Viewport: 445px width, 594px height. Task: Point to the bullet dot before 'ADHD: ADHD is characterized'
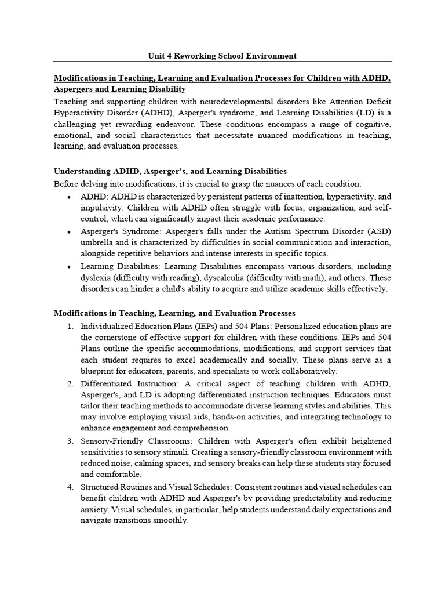click(70, 197)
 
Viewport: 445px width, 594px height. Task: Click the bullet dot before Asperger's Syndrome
click(70, 231)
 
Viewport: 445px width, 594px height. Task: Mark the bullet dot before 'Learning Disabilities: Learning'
click(70, 266)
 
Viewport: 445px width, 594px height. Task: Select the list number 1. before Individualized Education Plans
click(70, 326)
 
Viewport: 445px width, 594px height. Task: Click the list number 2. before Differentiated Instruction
click(70, 383)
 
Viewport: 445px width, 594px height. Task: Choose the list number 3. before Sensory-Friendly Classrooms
click(70, 441)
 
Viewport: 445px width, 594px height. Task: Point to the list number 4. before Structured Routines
click(70, 487)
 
